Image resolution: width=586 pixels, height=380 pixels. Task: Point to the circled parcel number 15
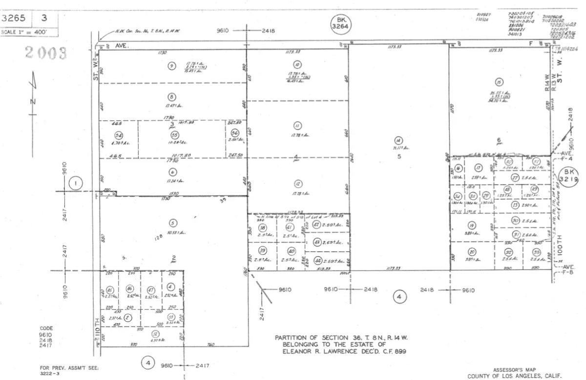tap(498, 82)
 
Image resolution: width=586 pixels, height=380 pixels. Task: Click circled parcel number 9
tap(171, 66)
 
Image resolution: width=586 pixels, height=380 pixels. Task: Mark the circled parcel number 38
tap(263, 228)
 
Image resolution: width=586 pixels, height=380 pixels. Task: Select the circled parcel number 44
tap(318, 260)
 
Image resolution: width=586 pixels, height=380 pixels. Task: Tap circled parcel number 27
tap(515, 178)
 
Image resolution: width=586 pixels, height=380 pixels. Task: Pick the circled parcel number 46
tap(129, 289)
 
